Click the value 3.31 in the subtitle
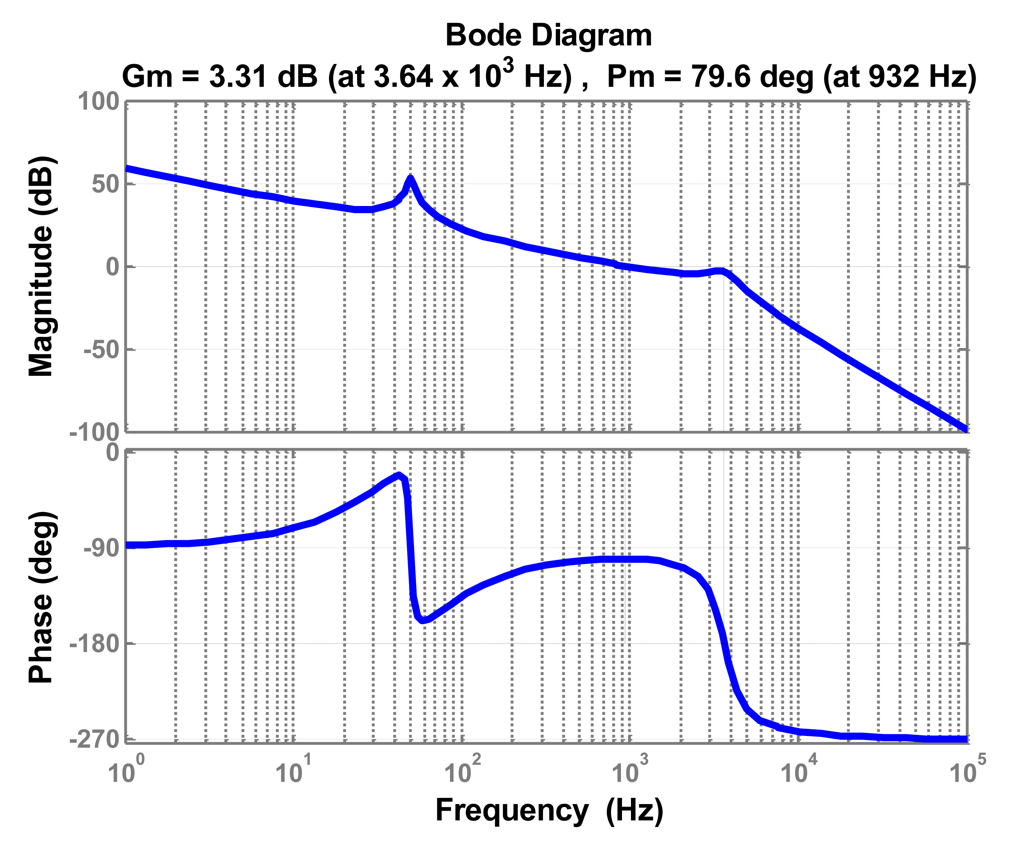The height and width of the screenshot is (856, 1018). [x=237, y=76]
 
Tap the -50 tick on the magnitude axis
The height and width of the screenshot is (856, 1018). [x=102, y=350]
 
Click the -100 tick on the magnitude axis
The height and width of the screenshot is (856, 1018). [x=95, y=432]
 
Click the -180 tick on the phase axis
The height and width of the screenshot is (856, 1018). [x=95, y=644]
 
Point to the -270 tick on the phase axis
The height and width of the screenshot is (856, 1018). [x=95, y=739]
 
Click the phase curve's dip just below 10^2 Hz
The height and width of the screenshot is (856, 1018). [x=423, y=620]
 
